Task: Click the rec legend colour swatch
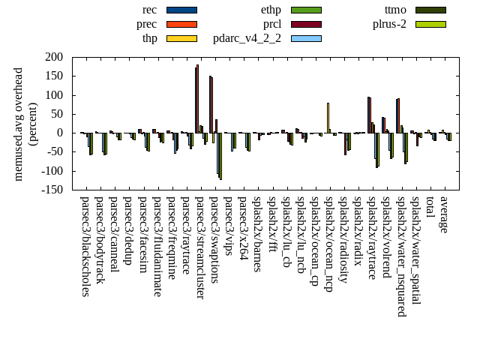tap(181, 10)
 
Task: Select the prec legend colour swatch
tap(181, 24)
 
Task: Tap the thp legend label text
tap(149, 38)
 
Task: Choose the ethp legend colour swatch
tap(306, 10)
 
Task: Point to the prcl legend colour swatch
tap(306, 24)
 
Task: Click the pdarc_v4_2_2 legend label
tap(247, 38)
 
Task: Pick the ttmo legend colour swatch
tap(430, 10)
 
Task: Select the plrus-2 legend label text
tap(389, 24)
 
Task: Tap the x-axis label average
tap(444, 214)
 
